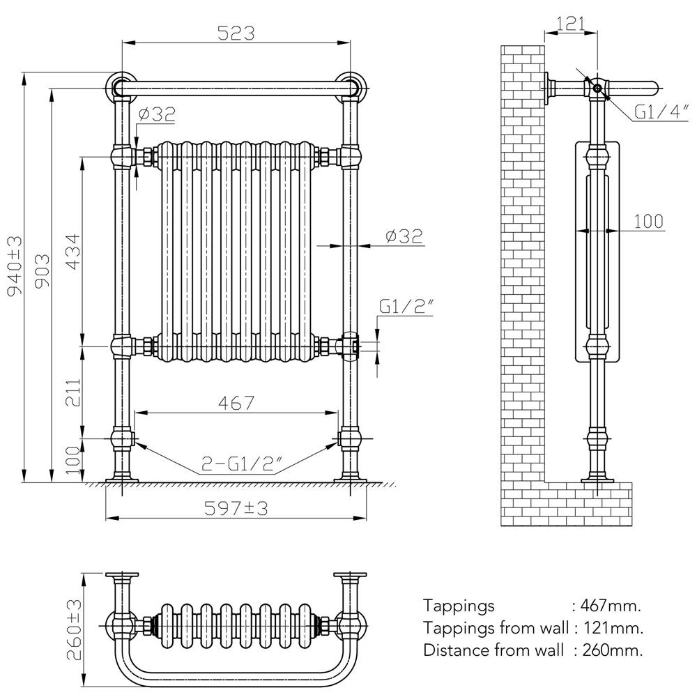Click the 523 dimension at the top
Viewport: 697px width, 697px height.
236,33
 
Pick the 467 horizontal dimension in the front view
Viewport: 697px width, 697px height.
236,402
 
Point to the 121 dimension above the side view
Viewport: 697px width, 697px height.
572,24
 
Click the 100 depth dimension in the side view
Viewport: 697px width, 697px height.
648,221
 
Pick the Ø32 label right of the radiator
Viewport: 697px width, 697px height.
404,236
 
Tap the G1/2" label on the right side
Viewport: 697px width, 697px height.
407,306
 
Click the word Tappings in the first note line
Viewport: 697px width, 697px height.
459,605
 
